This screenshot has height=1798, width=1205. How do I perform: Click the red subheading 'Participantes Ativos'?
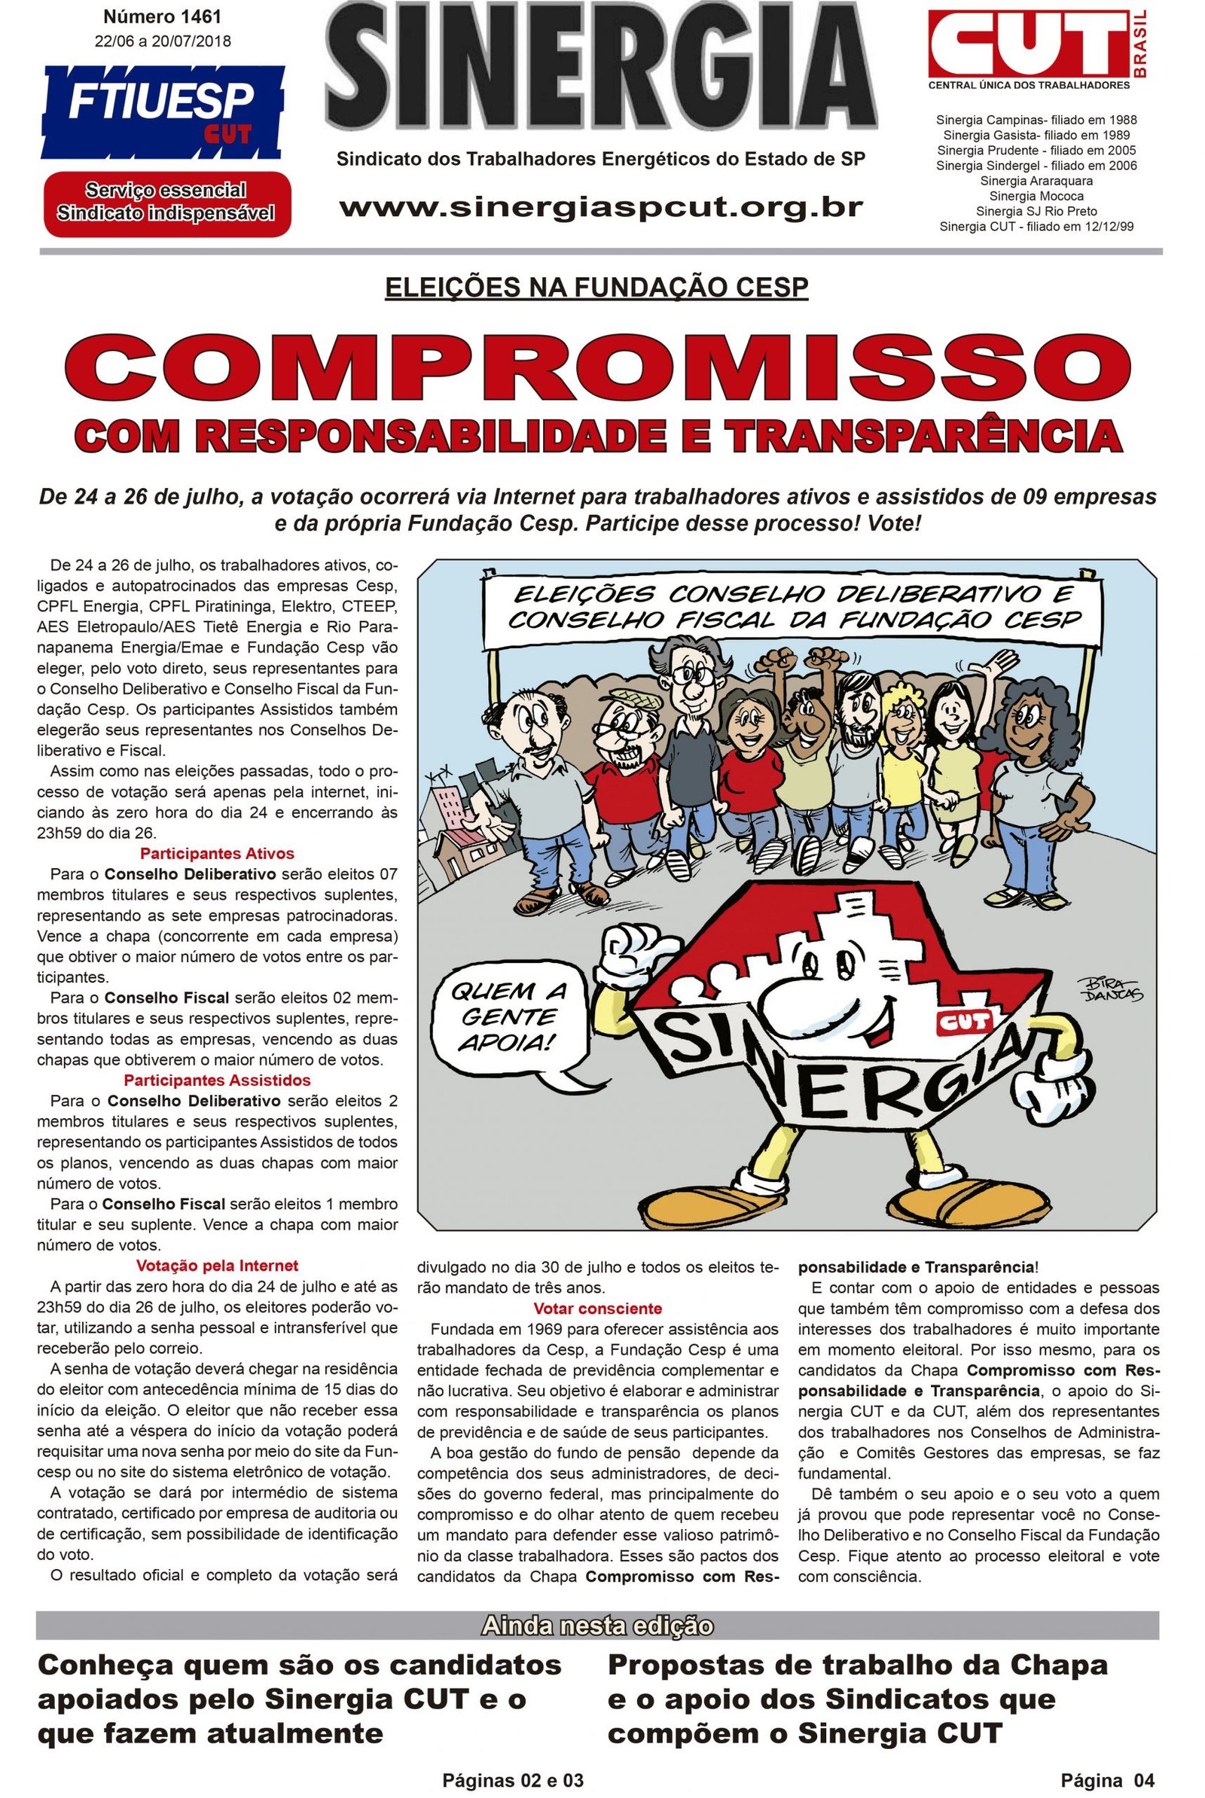click(x=217, y=853)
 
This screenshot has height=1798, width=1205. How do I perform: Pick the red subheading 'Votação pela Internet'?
click(x=217, y=1266)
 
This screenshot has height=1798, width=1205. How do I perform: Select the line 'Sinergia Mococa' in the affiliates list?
click(x=1036, y=196)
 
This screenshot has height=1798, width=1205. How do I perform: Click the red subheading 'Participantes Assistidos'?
click(x=217, y=1080)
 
